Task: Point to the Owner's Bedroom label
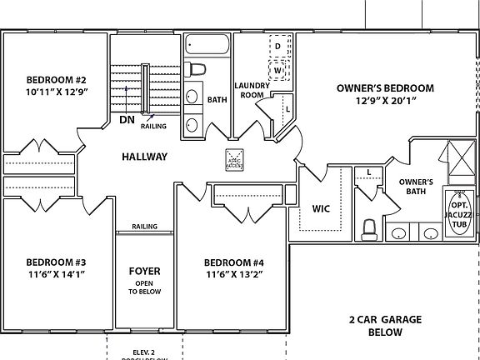point(385,87)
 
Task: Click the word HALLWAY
point(144,157)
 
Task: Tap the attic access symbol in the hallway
point(234,158)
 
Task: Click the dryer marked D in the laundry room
point(278,46)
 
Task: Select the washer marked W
point(278,70)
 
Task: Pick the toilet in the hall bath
point(194,69)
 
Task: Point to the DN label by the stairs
point(127,120)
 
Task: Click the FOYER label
point(144,272)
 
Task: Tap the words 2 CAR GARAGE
point(385,319)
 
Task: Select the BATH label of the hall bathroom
point(217,100)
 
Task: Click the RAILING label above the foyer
point(144,227)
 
